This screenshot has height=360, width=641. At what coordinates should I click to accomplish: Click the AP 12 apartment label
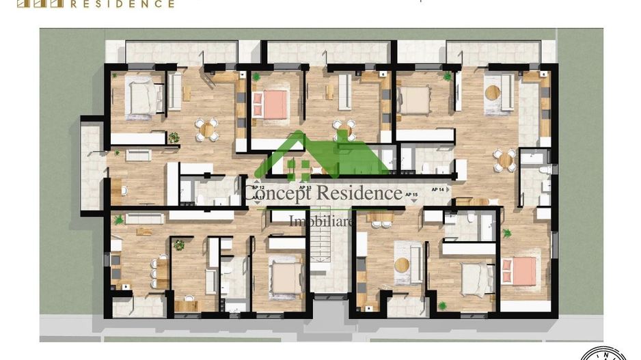pyautogui.click(x=258, y=187)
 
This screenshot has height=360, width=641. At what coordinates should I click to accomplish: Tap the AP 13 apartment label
pyautogui.click(x=305, y=187)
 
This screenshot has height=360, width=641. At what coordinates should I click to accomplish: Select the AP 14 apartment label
pyautogui.click(x=438, y=189)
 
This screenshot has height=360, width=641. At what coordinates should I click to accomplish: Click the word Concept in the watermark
pyautogui.click(x=275, y=193)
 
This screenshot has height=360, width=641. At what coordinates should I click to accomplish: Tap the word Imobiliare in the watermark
pyautogui.click(x=321, y=221)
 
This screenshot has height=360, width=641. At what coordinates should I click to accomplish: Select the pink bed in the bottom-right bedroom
pyautogui.click(x=519, y=271)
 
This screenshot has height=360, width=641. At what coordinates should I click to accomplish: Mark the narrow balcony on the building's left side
pyautogui.click(x=90, y=167)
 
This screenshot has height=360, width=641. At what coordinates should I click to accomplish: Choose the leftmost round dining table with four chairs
pyautogui.click(x=206, y=128)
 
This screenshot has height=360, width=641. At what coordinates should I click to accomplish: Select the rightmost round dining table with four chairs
pyautogui.click(x=505, y=160)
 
